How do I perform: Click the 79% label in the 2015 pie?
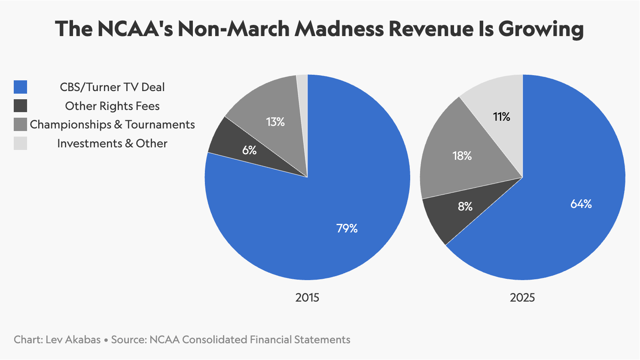347,228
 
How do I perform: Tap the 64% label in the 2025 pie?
581,204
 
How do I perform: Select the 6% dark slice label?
250,150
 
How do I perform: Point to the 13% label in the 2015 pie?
275,122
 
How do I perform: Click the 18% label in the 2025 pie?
462,156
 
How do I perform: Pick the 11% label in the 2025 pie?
502,117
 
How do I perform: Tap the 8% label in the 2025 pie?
465,207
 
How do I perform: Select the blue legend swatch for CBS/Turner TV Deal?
21,87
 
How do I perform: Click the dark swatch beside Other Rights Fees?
21,106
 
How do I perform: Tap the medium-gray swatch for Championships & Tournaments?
21,125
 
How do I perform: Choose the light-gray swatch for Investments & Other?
21,143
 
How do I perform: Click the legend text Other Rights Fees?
112,106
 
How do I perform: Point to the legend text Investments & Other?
112,143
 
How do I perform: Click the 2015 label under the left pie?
307,297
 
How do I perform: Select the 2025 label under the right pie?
522,297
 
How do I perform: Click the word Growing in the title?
541,29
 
